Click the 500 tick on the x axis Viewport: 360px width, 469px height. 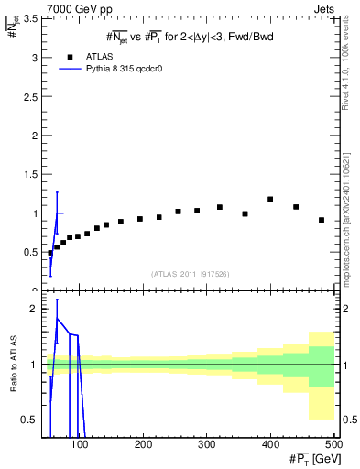[x=333, y=444]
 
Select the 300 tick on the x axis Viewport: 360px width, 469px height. [x=206, y=444]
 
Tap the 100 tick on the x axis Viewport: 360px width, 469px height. [x=81, y=444]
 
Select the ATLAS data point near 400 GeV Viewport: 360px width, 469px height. [x=270, y=199]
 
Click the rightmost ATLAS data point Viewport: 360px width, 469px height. [x=322, y=220]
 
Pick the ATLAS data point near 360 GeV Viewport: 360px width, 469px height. [x=245, y=213]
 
